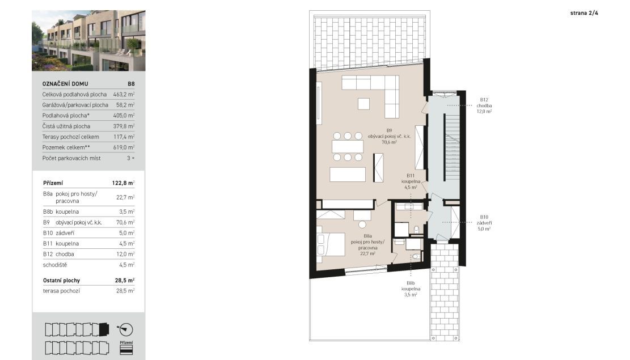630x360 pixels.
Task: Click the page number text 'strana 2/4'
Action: (x=584, y=13)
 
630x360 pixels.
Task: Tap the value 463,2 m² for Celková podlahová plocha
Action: (x=124, y=95)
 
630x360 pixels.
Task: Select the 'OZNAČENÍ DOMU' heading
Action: (x=65, y=84)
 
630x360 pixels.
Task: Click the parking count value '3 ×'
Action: (x=130, y=158)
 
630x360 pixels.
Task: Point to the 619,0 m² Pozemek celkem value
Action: (x=124, y=147)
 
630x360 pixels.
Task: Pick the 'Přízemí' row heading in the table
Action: (x=53, y=183)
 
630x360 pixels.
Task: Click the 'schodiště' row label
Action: (x=55, y=265)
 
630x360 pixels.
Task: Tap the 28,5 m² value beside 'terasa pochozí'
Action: (x=125, y=291)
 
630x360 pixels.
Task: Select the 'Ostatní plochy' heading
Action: (x=61, y=281)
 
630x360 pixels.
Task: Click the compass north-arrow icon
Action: (x=125, y=329)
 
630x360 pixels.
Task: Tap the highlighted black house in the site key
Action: (x=104, y=329)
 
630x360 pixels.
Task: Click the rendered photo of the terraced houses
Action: (x=88, y=41)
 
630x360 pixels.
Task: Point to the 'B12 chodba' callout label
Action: (x=484, y=105)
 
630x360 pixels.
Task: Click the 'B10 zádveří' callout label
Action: (x=484, y=223)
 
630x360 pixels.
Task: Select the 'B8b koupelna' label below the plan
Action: (x=411, y=289)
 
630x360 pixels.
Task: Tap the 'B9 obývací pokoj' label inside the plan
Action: (x=389, y=136)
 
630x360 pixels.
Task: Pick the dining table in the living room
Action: (x=348, y=147)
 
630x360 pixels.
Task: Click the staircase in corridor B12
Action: (x=451, y=148)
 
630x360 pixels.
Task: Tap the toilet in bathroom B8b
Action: (x=416, y=256)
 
